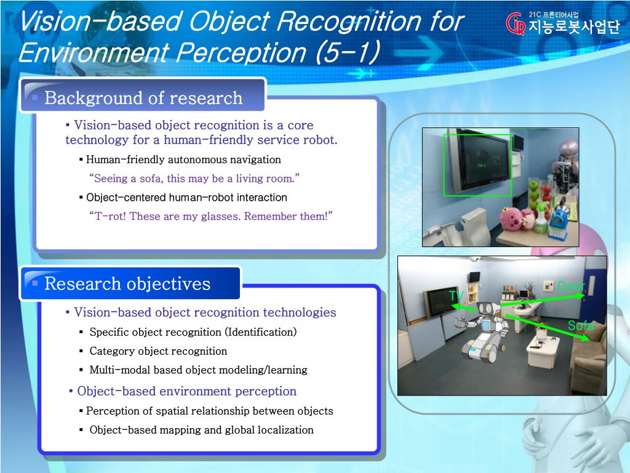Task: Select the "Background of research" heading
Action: (x=143, y=98)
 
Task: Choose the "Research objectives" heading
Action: (x=127, y=284)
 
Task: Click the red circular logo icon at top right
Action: (x=515, y=24)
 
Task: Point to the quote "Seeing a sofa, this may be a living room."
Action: (x=194, y=179)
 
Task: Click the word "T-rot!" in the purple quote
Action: (x=108, y=216)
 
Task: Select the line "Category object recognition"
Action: (x=158, y=351)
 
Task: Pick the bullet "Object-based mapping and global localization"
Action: (x=201, y=430)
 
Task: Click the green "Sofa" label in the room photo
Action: (x=580, y=326)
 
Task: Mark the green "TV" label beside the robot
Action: (x=456, y=296)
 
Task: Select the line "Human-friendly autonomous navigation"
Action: (x=183, y=160)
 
